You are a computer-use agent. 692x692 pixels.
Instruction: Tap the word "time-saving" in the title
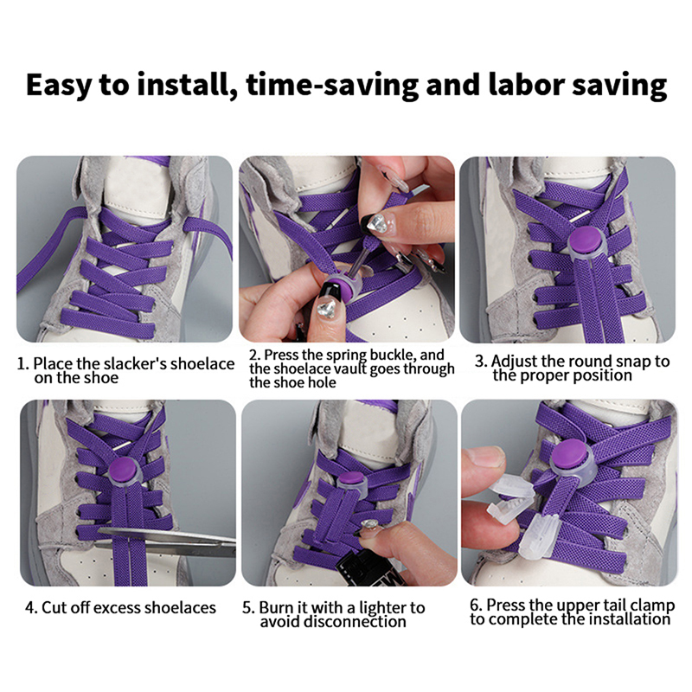coord(333,85)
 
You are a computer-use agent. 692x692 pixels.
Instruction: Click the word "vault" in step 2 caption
coord(352,368)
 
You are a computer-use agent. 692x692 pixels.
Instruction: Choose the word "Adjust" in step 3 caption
coord(515,362)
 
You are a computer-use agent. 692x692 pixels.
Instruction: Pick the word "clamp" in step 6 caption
coord(652,605)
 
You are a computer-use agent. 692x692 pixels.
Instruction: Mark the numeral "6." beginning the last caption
coord(476,605)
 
